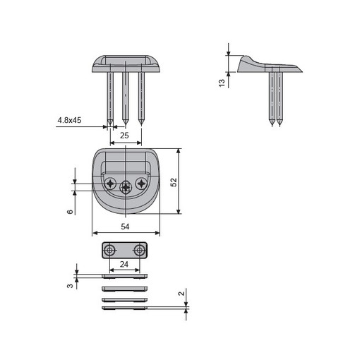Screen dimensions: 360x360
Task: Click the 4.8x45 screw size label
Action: point(69,120)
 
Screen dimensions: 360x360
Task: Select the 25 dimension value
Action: point(124,136)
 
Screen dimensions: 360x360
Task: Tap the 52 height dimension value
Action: point(174,182)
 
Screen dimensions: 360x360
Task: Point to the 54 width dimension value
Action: point(125,227)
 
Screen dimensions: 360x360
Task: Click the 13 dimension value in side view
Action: point(222,83)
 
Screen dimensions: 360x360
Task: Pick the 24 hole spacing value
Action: point(124,264)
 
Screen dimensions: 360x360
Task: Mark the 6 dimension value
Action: point(70,212)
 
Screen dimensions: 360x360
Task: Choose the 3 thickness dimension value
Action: point(70,286)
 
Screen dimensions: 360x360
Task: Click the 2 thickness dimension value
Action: point(181,294)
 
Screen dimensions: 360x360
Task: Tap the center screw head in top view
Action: point(126,188)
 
